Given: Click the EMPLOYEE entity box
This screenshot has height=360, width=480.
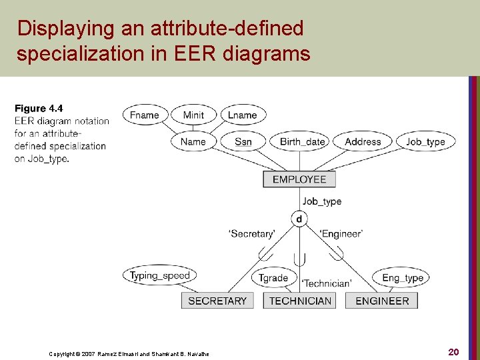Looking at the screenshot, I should (x=299, y=179).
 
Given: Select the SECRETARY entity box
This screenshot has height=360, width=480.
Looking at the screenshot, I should (x=217, y=301).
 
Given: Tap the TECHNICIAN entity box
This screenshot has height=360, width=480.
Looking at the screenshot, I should (x=300, y=301).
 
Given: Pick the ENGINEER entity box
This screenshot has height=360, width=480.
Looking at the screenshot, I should (x=382, y=301).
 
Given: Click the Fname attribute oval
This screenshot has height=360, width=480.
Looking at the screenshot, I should (x=145, y=115).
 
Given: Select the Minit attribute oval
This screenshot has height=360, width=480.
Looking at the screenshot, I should (x=193, y=115).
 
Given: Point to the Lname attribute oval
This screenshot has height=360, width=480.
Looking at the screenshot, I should (x=243, y=115).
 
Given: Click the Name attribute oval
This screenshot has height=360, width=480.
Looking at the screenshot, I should (x=193, y=141).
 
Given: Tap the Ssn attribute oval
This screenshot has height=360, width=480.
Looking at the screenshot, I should (x=243, y=141).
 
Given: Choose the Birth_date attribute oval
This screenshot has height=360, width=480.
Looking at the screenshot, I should (x=303, y=141).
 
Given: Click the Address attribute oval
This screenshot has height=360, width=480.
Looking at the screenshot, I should (x=363, y=141).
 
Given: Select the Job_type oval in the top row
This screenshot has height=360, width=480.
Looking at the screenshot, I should (x=425, y=141).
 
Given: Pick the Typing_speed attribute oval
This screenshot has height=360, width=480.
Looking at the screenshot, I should (x=160, y=275).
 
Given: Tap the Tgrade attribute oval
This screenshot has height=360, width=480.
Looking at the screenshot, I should (x=273, y=278).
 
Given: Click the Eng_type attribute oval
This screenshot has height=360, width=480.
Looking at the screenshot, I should (x=403, y=278).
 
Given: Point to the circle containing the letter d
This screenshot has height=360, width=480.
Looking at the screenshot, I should (x=299, y=219).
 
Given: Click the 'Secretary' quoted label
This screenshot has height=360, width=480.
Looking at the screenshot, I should (x=252, y=234).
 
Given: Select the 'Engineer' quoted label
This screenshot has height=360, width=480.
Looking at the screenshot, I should (x=341, y=234).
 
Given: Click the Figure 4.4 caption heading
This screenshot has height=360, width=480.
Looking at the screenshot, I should (x=39, y=108).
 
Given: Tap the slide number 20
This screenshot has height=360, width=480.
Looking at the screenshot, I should (x=453, y=352).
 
